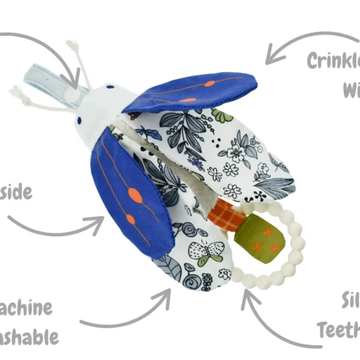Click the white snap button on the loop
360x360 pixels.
pyautogui.click(x=71, y=94)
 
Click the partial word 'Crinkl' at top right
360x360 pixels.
pyautogui.click(x=333, y=60)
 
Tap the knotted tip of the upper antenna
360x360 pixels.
pyautogui.click(x=72, y=46)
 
